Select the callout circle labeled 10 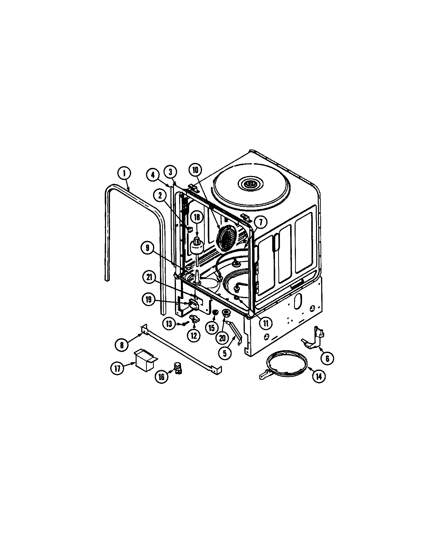[x=195, y=170]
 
